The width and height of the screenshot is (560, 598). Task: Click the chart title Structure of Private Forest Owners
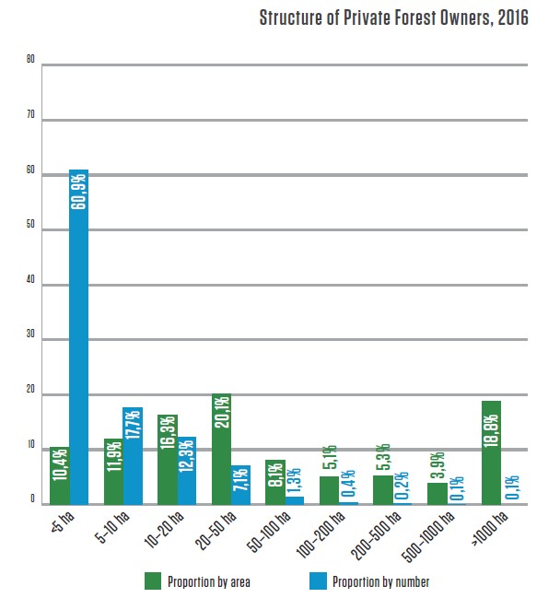(393, 18)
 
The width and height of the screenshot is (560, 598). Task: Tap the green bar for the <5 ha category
(60, 475)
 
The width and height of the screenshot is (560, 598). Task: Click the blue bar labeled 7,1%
(240, 485)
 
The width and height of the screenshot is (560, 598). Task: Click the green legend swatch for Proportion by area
(154, 581)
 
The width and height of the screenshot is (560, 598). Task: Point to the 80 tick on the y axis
(30, 61)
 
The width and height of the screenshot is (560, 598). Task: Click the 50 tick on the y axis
(30, 228)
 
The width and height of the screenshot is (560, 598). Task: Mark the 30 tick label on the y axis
(30, 339)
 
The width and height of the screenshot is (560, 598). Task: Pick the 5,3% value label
(381, 460)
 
